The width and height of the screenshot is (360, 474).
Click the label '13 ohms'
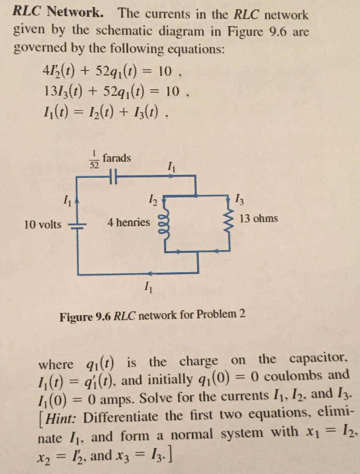[x=259, y=218]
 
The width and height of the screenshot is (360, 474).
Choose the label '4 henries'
[x=129, y=223]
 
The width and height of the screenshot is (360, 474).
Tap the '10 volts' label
[x=43, y=225]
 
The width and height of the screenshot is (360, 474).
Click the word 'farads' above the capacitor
[x=117, y=158]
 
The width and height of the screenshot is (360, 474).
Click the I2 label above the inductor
[x=153, y=200]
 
